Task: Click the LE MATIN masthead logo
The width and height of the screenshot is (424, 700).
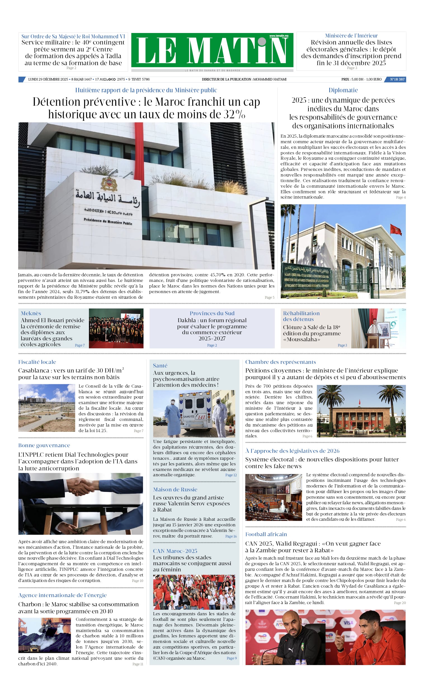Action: [x=212, y=50]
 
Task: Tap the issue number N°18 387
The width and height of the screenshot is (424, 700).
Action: [x=397, y=79]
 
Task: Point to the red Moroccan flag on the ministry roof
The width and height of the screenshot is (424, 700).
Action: [x=395, y=230]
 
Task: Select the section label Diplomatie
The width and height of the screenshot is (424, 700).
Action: [x=343, y=90]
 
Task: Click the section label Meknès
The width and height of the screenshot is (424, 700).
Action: [x=31, y=313]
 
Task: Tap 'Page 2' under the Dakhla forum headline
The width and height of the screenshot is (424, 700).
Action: [x=212, y=345]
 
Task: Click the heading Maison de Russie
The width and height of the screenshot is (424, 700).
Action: [x=175, y=489]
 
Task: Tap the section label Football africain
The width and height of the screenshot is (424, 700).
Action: [x=266, y=534]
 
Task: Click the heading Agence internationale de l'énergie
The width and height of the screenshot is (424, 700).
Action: [x=63, y=595]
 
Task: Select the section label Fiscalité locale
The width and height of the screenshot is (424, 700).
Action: [x=37, y=362]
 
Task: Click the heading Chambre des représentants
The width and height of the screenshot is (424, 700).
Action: [x=281, y=362]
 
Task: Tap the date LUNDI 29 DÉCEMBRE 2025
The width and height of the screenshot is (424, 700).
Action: [x=48, y=79]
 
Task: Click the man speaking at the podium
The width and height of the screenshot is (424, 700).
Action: [x=374, y=328]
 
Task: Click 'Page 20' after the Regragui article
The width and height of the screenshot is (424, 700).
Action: [x=400, y=603]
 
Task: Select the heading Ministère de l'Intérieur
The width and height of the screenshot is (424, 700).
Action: [x=351, y=36]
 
